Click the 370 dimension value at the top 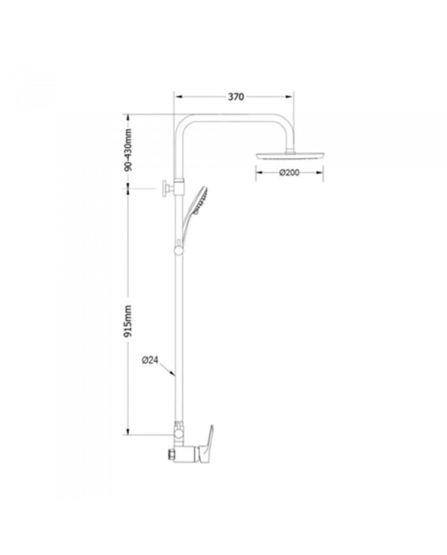pos(236,97)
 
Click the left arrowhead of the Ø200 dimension pos(258,172)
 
